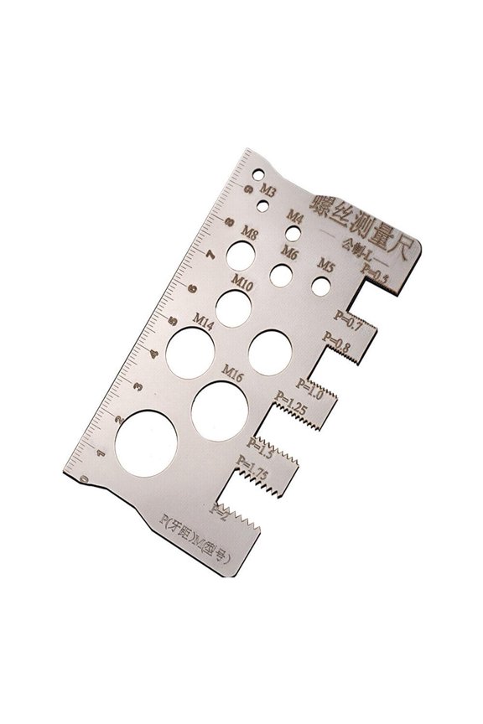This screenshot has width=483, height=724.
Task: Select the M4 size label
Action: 294,216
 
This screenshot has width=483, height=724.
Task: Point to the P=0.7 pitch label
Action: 348,318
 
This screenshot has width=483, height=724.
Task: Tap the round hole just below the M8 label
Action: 244,252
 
